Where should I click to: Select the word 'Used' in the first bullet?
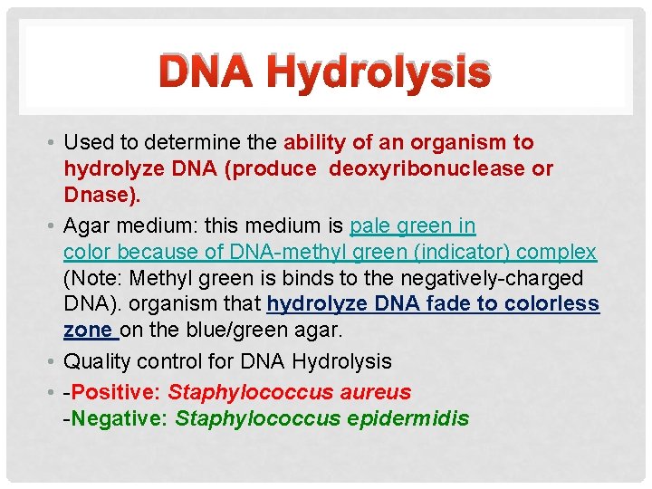click(x=87, y=142)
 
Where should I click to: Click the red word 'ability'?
click(x=313, y=142)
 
